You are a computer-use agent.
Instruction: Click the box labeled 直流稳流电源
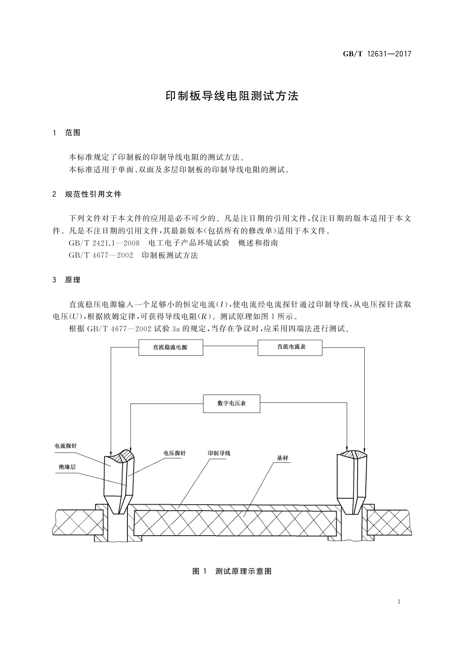[171, 347]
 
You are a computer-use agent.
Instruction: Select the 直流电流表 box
[290, 347]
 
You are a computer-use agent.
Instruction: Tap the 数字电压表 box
[231, 404]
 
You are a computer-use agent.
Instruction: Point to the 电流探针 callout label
[65, 446]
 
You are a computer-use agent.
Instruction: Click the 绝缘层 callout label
[67, 467]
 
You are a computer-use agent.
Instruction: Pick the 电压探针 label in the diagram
[174, 453]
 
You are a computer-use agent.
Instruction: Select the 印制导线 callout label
[219, 453]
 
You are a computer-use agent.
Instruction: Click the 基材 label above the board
[282, 458]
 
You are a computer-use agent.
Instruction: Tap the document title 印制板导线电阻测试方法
[232, 96]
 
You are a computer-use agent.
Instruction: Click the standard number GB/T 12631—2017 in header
[377, 54]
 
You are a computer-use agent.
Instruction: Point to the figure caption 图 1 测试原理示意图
[232, 571]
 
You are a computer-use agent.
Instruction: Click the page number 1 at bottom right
[399, 602]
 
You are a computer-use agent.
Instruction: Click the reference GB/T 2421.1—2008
[104, 243]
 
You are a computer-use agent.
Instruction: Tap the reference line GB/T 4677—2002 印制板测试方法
[133, 256]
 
